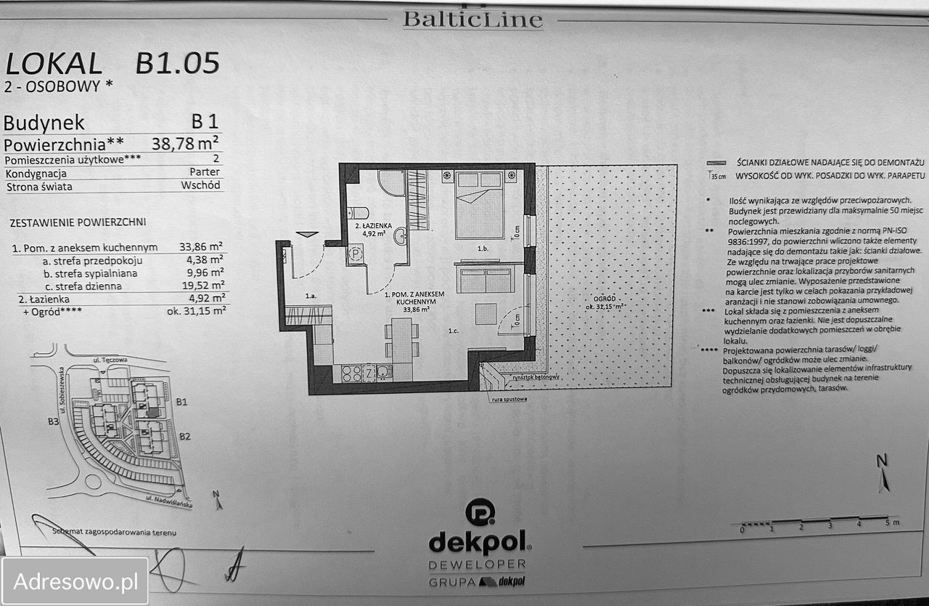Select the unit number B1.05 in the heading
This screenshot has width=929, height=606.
click(177, 64)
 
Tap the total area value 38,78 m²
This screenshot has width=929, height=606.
click(185, 142)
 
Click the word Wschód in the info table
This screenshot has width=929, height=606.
click(200, 185)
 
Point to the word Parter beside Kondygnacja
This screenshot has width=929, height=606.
click(205, 172)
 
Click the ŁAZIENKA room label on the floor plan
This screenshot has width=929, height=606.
click(370, 227)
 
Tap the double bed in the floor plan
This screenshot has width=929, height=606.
click(479, 206)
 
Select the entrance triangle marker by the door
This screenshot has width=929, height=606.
click(308, 234)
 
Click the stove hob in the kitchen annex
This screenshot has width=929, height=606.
click(352, 373)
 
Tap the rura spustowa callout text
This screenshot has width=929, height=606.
click(508, 399)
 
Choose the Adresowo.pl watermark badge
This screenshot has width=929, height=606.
click(75, 581)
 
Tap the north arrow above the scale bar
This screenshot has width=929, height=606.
click(883, 474)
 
